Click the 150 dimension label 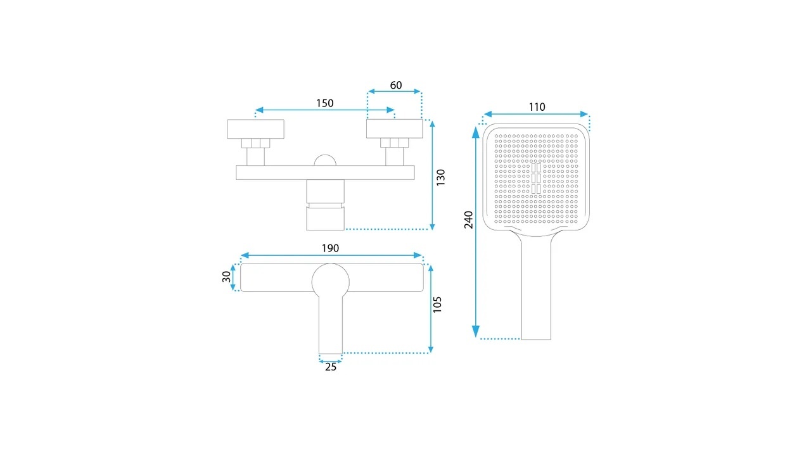(325, 103)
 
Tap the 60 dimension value (396, 85)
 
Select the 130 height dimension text (440, 178)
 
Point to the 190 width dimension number (330, 248)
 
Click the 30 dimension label (226, 277)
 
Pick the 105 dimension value (437, 305)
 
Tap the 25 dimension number (331, 367)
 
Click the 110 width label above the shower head (537, 107)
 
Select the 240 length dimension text (469, 220)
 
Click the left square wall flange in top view (255, 129)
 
